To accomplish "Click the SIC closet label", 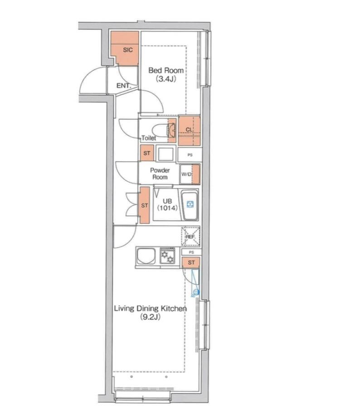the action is click(x=128, y=50).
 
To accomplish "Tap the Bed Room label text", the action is click(x=166, y=70).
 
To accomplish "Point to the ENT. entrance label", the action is click(x=124, y=86).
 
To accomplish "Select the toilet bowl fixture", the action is click(x=164, y=130).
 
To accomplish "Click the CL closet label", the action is click(x=189, y=130).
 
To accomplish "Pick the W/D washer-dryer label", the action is click(x=186, y=174).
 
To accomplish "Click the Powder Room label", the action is click(x=160, y=174).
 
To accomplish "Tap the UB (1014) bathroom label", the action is click(x=167, y=205).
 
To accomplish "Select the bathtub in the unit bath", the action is click(x=190, y=205).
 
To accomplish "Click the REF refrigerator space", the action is click(x=190, y=236).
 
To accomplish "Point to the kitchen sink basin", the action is click(x=146, y=256).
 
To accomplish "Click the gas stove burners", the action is click(x=167, y=256).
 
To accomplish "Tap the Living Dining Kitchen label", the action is click(x=150, y=309).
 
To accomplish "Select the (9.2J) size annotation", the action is click(x=150, y=317).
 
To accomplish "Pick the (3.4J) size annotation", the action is click(x=166, y=79).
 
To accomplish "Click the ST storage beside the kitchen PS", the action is click(x=191, y=262).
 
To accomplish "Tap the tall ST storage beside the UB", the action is click(x=144, y=205).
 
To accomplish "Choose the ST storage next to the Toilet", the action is click(x=147, y=153).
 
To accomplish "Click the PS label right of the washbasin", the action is click(x=190, y=155).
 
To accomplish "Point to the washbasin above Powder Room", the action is click(x=165, y=154).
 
